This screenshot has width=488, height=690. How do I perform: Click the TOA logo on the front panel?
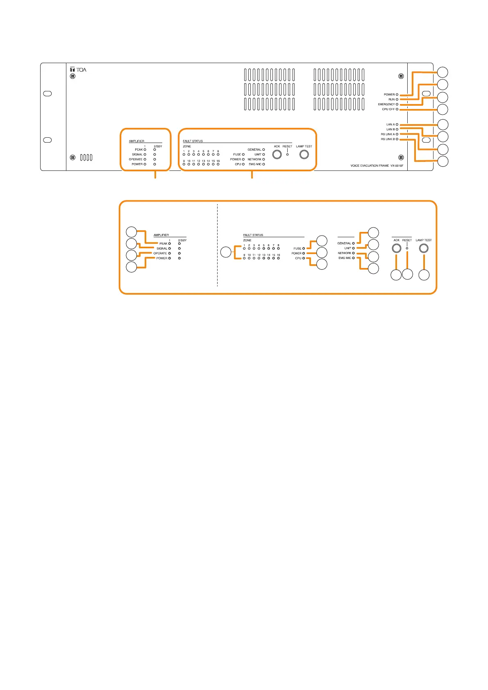tap(78, 70)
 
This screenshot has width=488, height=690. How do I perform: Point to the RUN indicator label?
tap(391, 100)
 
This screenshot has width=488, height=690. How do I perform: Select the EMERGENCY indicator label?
tap(386, 104)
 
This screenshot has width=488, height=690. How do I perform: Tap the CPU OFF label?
tap(388, 109)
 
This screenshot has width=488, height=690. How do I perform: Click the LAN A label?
tap(390, 125)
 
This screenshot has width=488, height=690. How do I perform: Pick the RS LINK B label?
tap(388, 139)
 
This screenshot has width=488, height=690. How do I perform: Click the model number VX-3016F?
tap(397, 166)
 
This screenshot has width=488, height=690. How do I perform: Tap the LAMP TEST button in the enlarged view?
tap(424, 248)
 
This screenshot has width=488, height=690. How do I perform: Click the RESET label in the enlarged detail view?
tap(407, 240)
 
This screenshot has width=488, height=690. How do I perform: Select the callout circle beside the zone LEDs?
tap(226, 252)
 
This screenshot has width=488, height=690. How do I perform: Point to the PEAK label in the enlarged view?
tap(163, 244)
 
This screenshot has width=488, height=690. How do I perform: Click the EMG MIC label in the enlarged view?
tap(344, 258)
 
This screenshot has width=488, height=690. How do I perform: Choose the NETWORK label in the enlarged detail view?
tap(344, 253)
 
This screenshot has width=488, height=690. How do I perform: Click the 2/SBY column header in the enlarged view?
tap(182, 240)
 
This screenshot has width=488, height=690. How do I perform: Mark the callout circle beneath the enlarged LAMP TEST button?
tap(424, 275)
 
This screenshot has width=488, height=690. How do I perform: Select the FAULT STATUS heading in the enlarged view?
tap(253, 235)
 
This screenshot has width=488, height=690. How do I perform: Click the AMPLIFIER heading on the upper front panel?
tap(136, 141)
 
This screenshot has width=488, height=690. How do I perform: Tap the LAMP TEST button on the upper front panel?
tap(304, 154)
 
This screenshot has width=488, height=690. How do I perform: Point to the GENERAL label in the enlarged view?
tap(344, 243)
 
